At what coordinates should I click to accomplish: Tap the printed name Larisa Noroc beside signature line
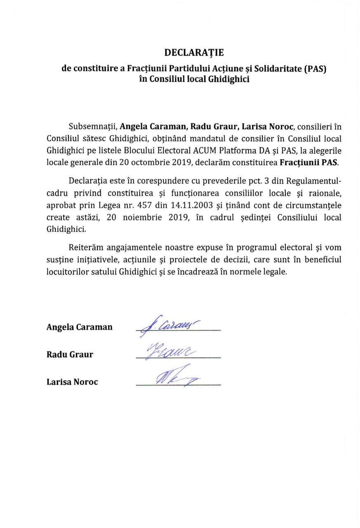(72, 382)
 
